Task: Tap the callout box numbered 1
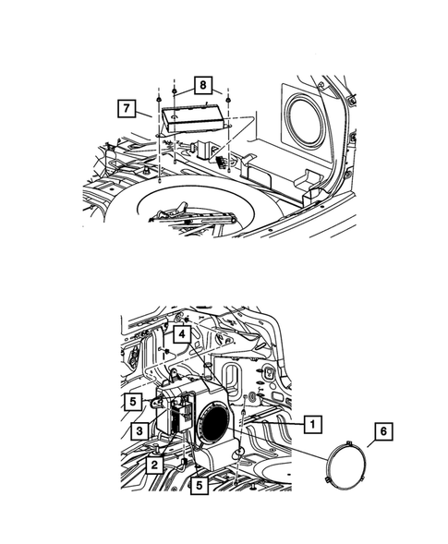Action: tap(314, 424)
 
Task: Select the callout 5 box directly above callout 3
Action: tap(135, 402)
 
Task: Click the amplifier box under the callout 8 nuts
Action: tap(191, 119)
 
